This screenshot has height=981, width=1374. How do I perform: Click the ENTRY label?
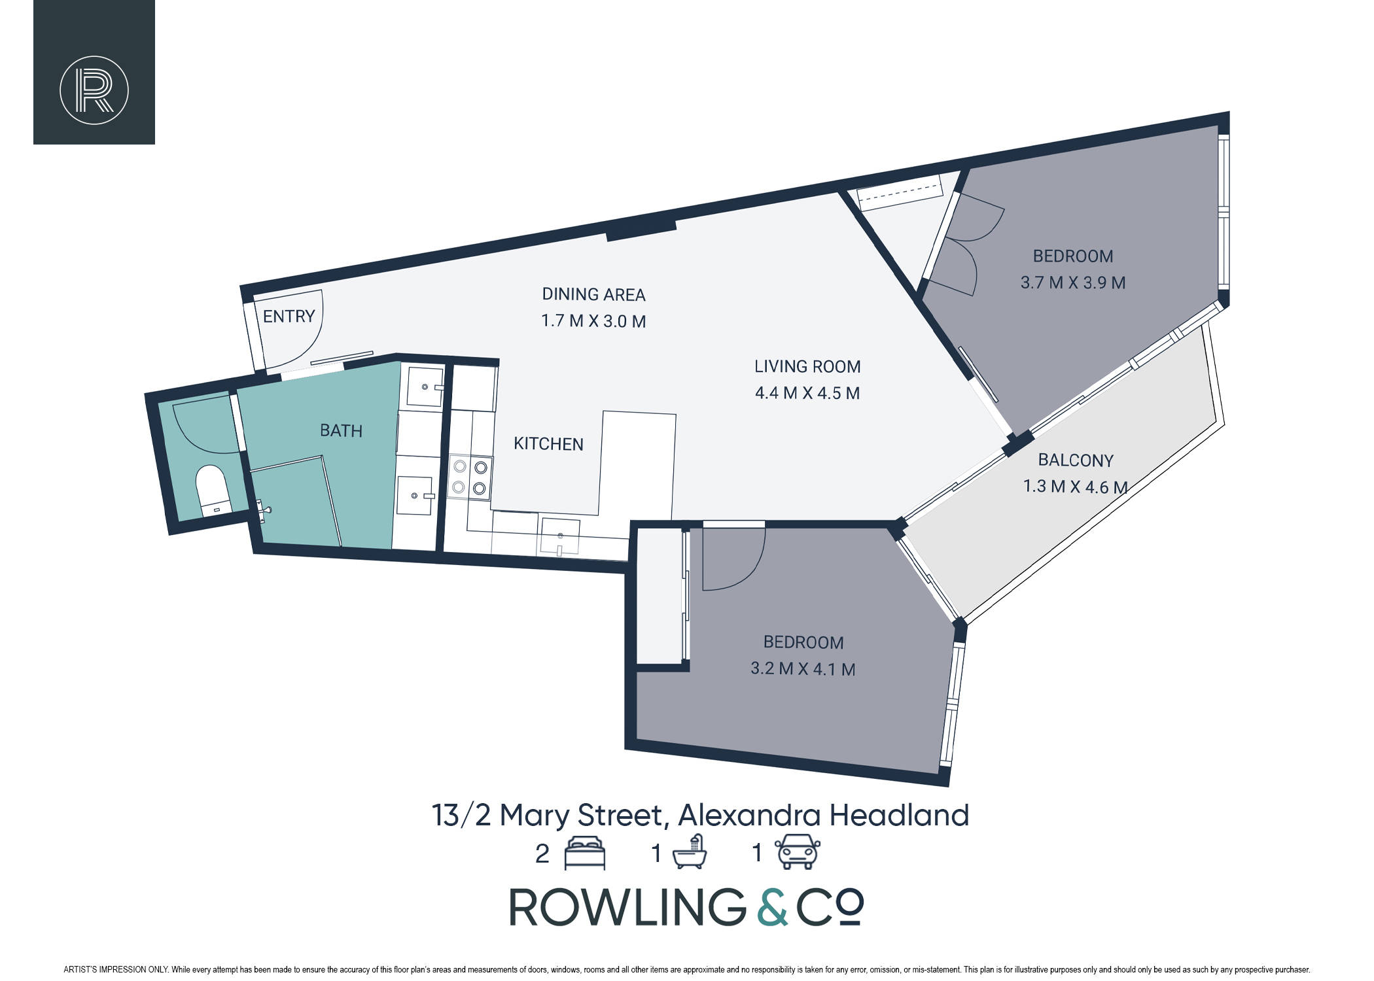(289, 317)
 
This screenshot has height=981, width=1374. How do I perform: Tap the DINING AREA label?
(593, 294)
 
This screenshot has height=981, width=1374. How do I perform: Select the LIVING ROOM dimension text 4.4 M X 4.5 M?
(807, 393)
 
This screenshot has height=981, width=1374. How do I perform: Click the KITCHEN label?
(548, 444)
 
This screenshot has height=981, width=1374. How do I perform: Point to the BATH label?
(341, 430)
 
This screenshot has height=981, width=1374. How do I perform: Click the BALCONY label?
(1076, 460)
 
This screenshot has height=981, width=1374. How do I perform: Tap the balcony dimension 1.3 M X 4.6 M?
(1076, 487)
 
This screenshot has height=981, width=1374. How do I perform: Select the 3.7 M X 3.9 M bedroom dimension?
(1073, 283)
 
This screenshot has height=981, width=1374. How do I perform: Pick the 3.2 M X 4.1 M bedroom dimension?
(803, 669)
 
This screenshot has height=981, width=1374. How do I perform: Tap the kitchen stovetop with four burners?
(470, 477)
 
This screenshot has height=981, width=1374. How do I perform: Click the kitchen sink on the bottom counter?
(559, 536)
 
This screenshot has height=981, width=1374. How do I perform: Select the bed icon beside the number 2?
(584, 853)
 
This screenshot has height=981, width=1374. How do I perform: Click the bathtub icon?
(690, 852)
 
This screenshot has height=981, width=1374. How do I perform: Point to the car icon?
(797, 852)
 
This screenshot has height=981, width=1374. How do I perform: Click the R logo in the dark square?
(94, 90)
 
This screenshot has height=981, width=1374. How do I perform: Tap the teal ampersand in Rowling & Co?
(771, 906)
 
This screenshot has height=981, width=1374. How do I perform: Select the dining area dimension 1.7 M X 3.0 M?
(593, 321)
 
